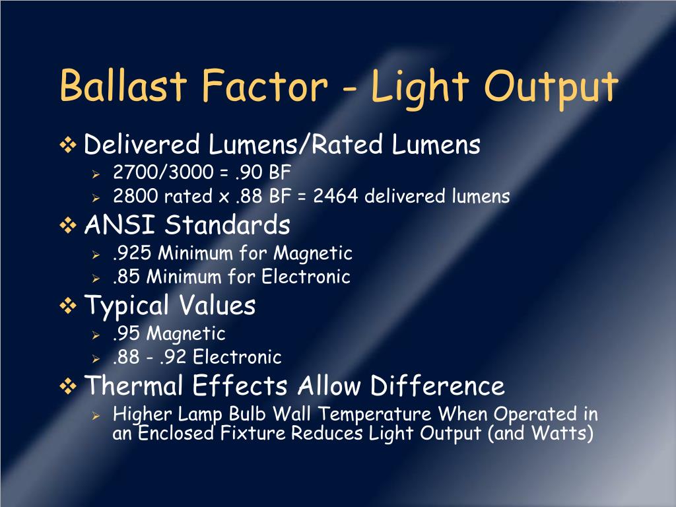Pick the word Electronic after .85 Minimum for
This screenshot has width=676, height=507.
pyautogui.click(x=306, y=277)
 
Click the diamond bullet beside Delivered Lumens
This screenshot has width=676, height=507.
pyautogui.click(x=69, y=145)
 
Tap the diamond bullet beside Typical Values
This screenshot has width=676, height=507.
pyautogui.click(x=69, y=306)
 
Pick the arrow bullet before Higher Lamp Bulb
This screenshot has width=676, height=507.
pyautogui.click(x=95, y=416)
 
